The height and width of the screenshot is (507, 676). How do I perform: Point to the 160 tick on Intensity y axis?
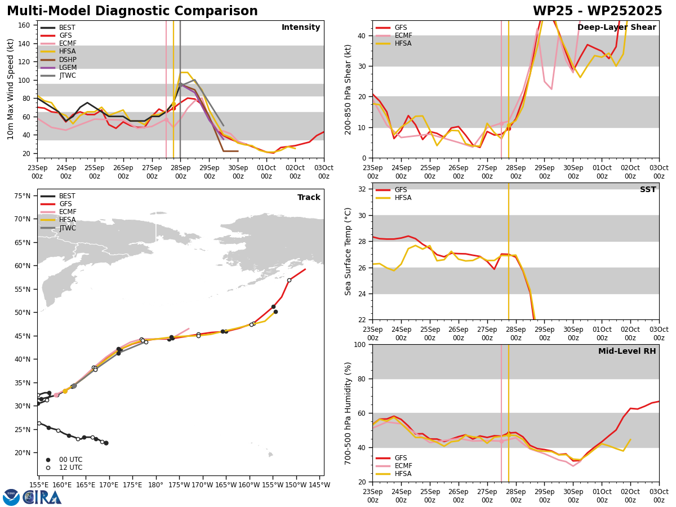click(24, 25)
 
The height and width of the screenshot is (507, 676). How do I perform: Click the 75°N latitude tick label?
click(23, 196)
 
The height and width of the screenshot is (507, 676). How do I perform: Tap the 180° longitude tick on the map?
click(156, 485)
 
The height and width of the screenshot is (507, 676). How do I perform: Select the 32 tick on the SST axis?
click(362, 189)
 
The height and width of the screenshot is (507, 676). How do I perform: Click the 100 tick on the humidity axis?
click(360, 344)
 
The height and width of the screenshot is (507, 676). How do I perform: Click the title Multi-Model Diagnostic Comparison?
click(132, 11)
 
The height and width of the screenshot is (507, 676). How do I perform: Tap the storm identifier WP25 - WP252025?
click(597, 11)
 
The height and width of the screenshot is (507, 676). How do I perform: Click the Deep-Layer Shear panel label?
click(616, 27)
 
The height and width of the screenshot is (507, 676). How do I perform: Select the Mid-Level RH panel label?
click(627, 351)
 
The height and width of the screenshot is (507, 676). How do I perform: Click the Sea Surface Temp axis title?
click(348, 251)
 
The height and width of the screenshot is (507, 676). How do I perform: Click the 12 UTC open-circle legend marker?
click(48, 468)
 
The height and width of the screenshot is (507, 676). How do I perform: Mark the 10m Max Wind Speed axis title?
click(10, 89)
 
